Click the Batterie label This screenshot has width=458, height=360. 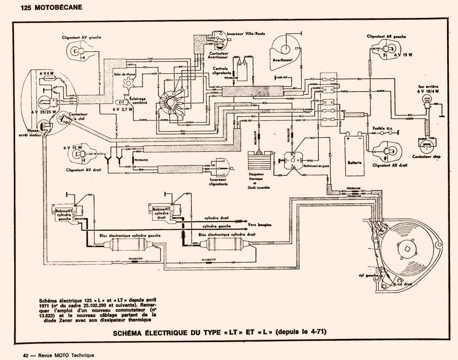tap(354, 163)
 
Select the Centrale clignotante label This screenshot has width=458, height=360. tap(224, 71)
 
